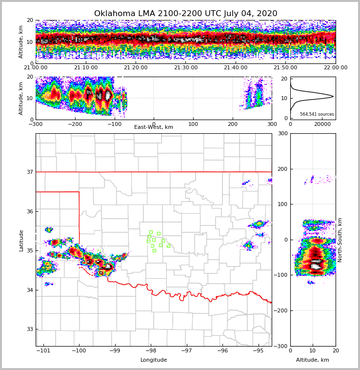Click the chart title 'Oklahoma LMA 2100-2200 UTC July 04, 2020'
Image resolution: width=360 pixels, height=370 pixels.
pyautogui.click(x=185, y=14)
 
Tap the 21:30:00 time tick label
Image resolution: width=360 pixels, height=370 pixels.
pyautogui.click(x=185, y=68)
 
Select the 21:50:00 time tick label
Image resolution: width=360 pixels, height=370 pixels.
pyautogui.click(x=285, y=68)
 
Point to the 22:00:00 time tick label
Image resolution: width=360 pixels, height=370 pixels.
pyautogui.click(x=335, y=68)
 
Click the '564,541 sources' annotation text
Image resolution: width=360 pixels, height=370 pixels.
pyautogui.click(x=317, y=114)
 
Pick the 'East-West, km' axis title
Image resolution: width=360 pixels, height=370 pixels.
pyautogui.click(x=154, y=127)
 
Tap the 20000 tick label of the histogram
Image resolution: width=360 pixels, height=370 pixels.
pyautogui.click(x=322, y=124)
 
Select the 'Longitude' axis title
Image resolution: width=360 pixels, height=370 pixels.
pyautogui.click(x=154, y=360)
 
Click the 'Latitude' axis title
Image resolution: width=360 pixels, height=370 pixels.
pyautogui.click(x=21, y=240)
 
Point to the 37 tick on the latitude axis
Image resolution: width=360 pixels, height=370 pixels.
pyautogui.click(x=29, y=172)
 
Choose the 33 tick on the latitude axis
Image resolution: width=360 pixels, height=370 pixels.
pyautogui.click(x=29, y=329)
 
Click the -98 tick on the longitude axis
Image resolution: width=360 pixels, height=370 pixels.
pyautogui.click(x=151, y=350)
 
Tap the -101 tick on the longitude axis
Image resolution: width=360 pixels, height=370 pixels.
pyautogui.click(x=44, y=350)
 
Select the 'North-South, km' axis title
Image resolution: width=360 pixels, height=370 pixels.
pyautogui.click(x=340, y=240)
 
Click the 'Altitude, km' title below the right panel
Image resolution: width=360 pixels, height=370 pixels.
pyautogui.click(x=313, y=360)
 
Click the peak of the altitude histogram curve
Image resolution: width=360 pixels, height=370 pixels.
pyautogui.click(x=333, y=96)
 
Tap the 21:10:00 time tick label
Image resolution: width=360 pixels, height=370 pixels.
pyautogui.click(x=85, y=68)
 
